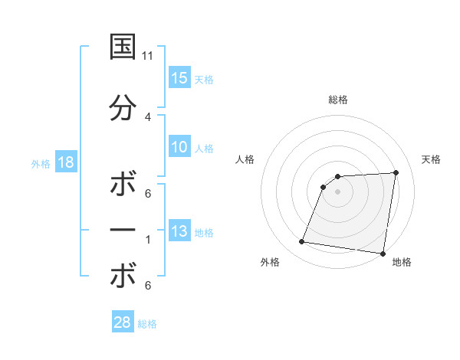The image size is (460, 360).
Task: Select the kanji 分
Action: [x=123, y=109]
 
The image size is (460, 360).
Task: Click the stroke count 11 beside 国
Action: [x=148, y=56]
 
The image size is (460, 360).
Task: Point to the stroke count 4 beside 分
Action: [x=148, y=116]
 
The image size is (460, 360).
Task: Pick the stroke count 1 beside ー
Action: [x=148, y=240]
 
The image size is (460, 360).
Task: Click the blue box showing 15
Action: [x=179, y=78]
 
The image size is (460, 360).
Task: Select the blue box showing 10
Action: [x=179, y=147]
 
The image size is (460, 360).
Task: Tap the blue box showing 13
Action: [x=179, y=231]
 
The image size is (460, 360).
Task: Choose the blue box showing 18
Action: [x=65, y=162]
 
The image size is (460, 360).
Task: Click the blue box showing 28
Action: [x=123, y=322]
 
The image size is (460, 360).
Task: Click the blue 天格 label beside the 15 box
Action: [x=204, y=79]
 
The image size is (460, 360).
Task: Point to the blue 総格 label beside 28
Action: [x=147, y=324]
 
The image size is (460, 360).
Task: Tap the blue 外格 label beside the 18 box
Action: [x=41, y=164]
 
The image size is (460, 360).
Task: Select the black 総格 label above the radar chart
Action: [x=338, y=100]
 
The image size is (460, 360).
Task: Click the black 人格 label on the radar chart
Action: [x=245, y=159]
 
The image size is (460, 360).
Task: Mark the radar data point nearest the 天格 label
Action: [x=396, y=172]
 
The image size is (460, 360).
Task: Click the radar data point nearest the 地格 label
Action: [x=383, y=254]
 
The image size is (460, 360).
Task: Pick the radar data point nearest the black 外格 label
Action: [x=302, y=242]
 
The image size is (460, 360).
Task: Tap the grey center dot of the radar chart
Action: [x=337, y=191]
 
